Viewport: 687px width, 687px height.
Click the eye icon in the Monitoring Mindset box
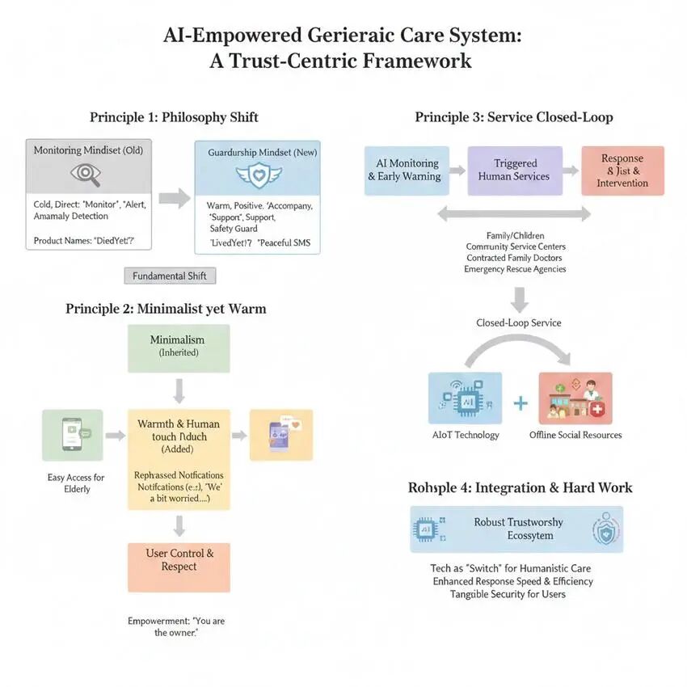[x=85, y=173]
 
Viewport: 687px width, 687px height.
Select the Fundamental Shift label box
[x=170, y=276]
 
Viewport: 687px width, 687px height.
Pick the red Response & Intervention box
[x=622, y=171]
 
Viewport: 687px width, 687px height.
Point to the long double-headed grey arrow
[x=514, y=214]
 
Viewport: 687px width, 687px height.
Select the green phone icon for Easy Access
[x=72, y=435]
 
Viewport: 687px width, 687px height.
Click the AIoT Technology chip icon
[x=466, y=398]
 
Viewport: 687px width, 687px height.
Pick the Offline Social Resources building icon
[x=575, y=398]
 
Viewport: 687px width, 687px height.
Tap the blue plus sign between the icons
[x=521, y=401]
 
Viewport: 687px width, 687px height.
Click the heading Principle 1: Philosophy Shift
[x=174, y=117]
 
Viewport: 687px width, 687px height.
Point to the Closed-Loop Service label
[x=519, y=322]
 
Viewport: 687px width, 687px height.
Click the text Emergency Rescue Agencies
[x=515, y=269]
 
